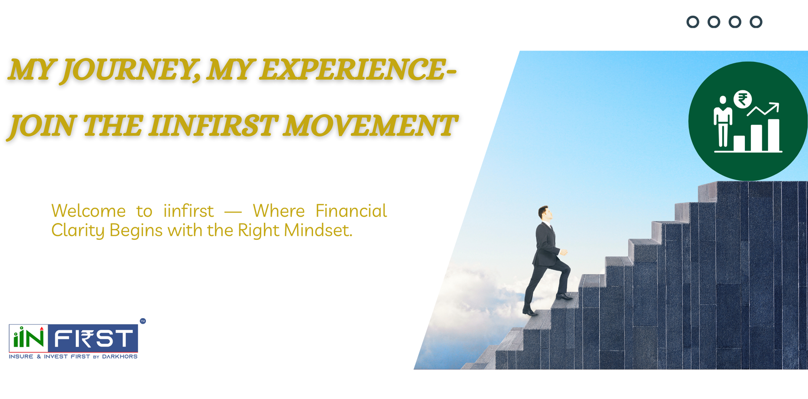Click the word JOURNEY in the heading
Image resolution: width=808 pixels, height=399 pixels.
[131, 70]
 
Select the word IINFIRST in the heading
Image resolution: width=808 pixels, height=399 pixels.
[213, 126]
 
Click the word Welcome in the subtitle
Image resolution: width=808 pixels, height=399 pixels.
[88, 211]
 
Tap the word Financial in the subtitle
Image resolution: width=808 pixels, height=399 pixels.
[351, 211]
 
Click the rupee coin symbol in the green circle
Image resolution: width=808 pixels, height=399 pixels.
[742, 99]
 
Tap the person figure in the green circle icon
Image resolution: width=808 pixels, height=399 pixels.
[723, 121]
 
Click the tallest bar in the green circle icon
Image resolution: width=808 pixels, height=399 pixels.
[773, 134]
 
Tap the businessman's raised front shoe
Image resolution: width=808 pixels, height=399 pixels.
[564, 297]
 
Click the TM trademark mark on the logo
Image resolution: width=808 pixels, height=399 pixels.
[143, 321]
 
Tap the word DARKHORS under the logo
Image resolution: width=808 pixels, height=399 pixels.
[120, 357]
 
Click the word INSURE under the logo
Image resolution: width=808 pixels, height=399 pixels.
[21, 357]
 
